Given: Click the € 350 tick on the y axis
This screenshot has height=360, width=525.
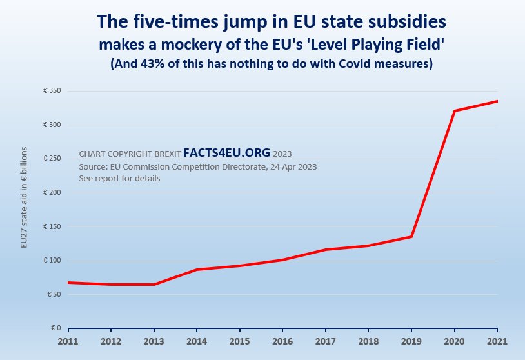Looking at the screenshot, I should pyautogui.click(x=52, y=91).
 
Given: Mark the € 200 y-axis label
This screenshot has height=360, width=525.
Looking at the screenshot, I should pyautogui.click(x=52, y=193).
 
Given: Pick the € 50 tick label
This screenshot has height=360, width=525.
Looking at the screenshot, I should pyautogui.click(x=54, y=295).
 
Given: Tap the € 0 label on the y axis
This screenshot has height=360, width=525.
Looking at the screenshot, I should pyautogui.click(x=55, y=328).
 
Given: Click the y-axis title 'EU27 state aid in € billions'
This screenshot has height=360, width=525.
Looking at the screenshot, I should pyautogui.click(x=24, y=197).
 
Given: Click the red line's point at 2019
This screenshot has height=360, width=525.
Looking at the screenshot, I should pyautogui.click(x=411, y=237).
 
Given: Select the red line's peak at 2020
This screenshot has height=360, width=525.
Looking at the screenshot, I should pyautogui.click(x=455, y=111).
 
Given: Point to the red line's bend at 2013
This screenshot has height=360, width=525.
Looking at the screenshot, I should pyautogui.click(x=154, y=285).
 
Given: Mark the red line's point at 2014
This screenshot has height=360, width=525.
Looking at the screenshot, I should pyautogui.click(x=197, y=270).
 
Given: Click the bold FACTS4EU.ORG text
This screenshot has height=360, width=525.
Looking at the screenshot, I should pyautogui.click(x=226, y=153).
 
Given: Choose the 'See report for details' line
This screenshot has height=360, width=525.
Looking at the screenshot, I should pyautogui.click(x=119, y=179).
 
